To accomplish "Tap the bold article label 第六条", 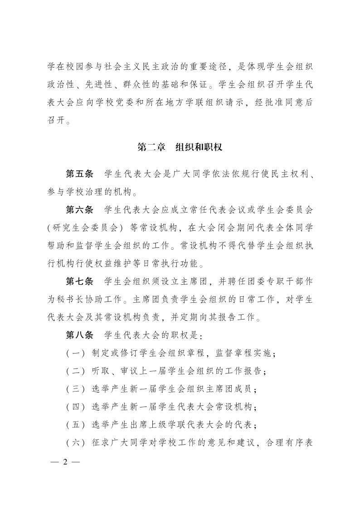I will (x=79, y=209).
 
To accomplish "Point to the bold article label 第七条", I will (x=79, y=281).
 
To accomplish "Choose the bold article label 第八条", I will (x=79, y=335).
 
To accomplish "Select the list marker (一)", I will (x=73, y=354).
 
